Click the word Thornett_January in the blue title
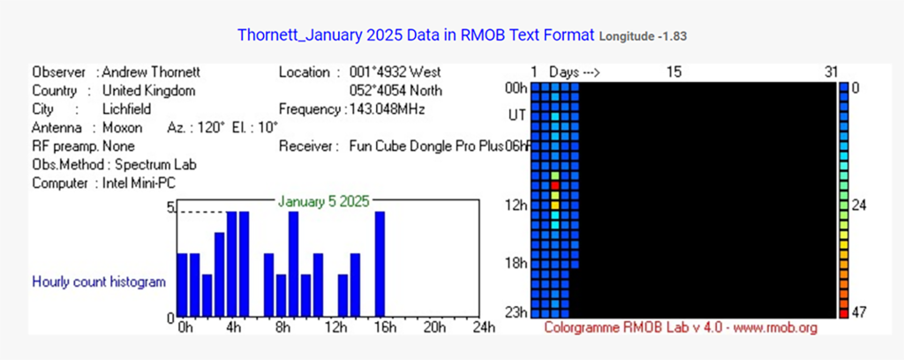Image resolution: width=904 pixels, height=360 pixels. click(300, 35)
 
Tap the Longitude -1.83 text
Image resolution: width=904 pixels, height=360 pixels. click(643, 36)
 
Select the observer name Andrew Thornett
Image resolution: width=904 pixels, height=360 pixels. click(151, 72)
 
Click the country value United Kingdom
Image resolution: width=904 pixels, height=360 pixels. click(148, 91)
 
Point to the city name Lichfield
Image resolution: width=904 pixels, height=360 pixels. click(127, 109)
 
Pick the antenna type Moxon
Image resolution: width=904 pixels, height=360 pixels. click(122, 128)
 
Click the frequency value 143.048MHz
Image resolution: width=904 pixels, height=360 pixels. click(388, 109)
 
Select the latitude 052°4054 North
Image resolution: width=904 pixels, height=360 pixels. click(396, 91)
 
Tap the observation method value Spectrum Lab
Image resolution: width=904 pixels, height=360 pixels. click(155, 165)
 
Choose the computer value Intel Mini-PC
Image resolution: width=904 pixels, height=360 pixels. click(139, 184)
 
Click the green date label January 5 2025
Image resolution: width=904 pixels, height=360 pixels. click(323, 201)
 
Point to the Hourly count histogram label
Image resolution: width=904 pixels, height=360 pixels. click(99, 282)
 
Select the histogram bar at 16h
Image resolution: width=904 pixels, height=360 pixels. click(380, 265)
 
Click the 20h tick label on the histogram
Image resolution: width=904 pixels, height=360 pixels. click(434, 327)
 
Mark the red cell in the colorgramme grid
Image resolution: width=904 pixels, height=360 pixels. click(554, 185)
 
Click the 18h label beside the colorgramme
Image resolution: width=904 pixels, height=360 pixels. click(516, 263)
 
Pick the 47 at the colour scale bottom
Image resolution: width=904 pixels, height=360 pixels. click(860, 312)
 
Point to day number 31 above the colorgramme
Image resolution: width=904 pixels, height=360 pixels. click(831, 72)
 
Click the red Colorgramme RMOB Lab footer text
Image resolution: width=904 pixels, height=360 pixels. click(681, 327)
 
